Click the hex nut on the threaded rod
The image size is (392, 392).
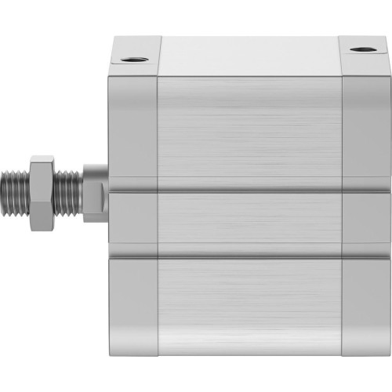tap(42, 193)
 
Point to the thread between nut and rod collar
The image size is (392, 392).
tap(68, 193)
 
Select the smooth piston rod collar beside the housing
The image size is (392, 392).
tap(94, 193)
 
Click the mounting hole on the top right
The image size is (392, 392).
tap(361, 50)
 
